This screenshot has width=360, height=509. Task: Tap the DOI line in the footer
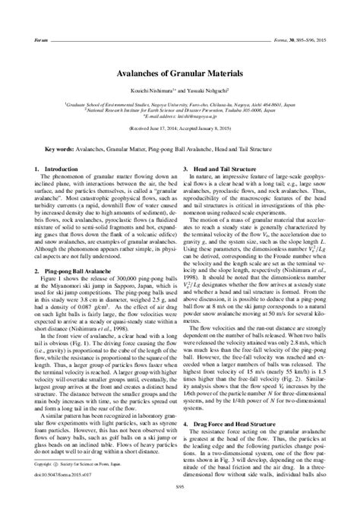62,471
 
